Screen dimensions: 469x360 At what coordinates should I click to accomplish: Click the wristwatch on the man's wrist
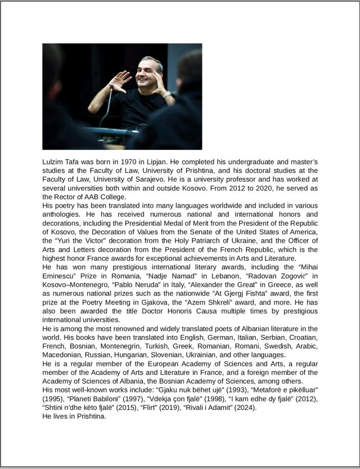[x=166, y=94]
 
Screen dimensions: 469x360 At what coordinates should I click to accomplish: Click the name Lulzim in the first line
[x=54, y=162]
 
